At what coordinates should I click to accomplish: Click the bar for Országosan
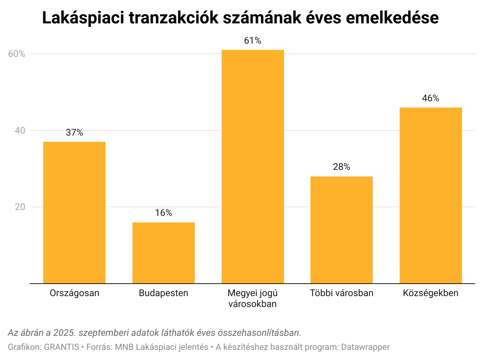pyautogui.click(x=74, y=212)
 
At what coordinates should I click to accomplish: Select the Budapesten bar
pyautogui.click(x=163, y=253)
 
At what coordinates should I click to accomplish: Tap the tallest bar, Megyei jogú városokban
pyautogui.click(x=252, y=166)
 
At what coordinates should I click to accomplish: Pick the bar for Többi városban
pyautogui.click(x=341, y=230)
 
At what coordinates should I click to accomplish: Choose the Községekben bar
pyautogui.click(x=430, y=195)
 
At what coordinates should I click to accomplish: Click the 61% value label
pyautogui.click(x=252, y=41)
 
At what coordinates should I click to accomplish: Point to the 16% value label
pyautogui.click(x=163, y=213)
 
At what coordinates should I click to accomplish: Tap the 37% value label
pyautogui.click(x=74, y=132)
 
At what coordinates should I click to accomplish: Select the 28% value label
pyautogui.click(x=341, y=167)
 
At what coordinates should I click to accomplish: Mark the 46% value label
pyautogui.click(x=430, y=98)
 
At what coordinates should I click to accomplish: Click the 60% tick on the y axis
pyautogui.click(x=17, y=54)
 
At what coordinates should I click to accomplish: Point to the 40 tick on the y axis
pyautogui.click(x=20, y=131)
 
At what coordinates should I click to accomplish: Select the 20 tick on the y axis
pyautogui.click(x=20, y=207)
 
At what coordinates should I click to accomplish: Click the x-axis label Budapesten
pyautogui.click(x=163, y=293)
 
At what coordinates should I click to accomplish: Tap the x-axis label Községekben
pyautogui.click(x=430, y=293)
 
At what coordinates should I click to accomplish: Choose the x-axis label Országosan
pyautogui.click(x=74, y=293)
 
